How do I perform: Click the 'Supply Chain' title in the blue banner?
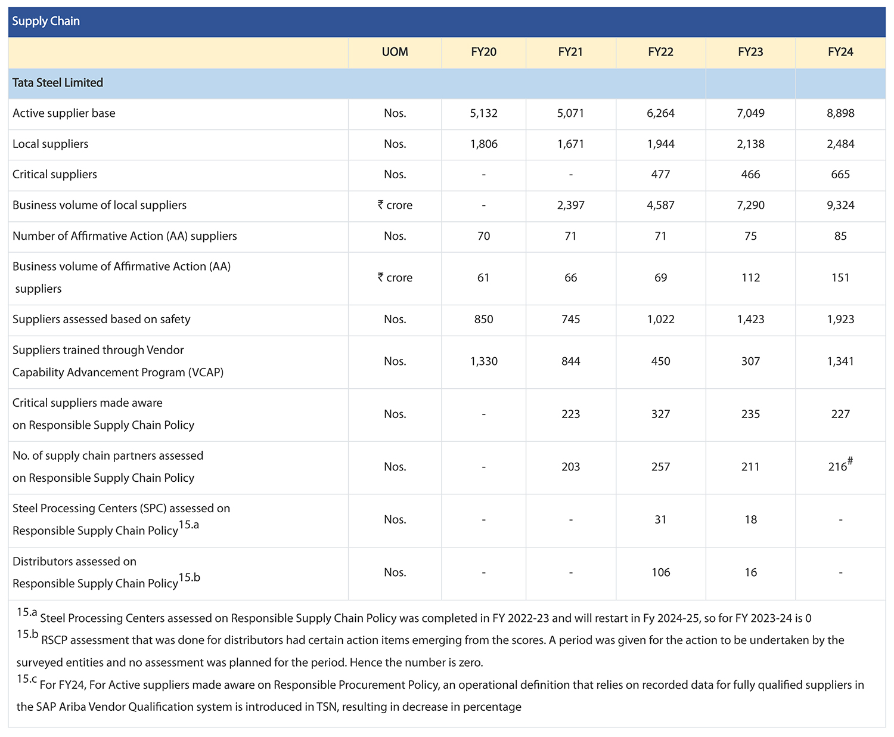point(46,21)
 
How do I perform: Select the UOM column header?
point(395,52)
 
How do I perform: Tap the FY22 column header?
point(660,52)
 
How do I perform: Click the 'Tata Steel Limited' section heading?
point(58,83)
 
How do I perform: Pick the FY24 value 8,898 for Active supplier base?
point(840,113)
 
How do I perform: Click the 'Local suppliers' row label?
point(51,144)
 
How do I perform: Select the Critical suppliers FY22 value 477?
point(660,174)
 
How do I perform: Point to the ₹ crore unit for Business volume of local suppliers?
point(395,205)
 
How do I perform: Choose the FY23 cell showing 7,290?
point(750,205)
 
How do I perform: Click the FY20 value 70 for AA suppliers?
point(484,236)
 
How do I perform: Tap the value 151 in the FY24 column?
point(840,278)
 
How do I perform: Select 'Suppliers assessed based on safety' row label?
point(101,319)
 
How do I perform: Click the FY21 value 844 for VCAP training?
point(571,361)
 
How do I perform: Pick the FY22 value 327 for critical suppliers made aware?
point(660,414)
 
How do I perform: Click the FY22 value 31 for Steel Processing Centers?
point(660,520)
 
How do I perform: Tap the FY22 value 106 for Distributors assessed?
point(660,572)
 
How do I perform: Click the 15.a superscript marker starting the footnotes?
point(27,612)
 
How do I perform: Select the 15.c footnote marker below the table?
point(27,679)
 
